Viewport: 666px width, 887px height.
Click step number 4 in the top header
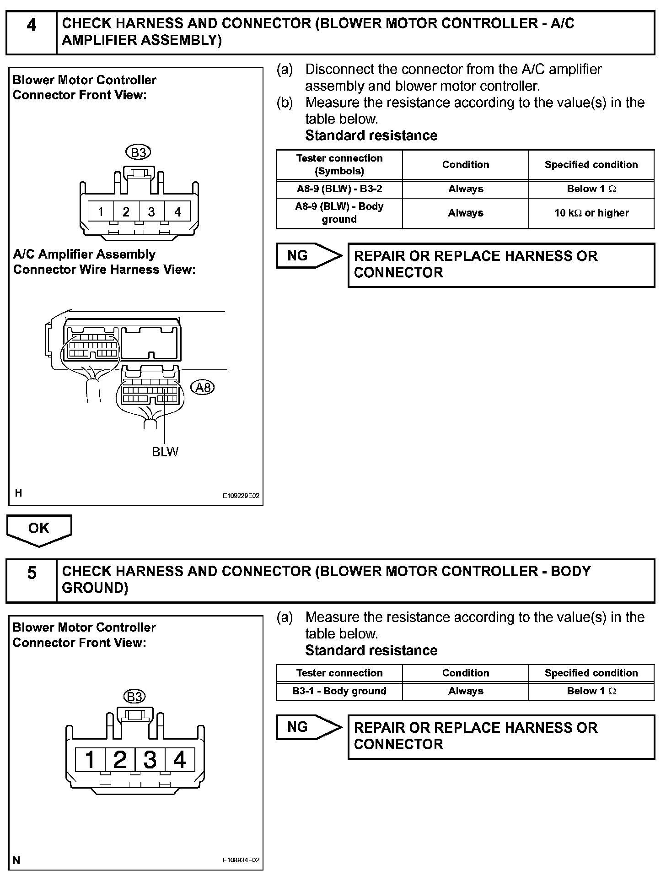coord(31,26)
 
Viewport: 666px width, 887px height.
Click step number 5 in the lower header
coord(31,573)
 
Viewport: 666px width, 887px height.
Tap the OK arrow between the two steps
coord(39,529)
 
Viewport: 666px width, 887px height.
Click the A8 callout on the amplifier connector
coord(203,388)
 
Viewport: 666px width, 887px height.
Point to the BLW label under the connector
coord(165,452)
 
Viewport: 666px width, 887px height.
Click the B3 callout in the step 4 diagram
coord(138,152)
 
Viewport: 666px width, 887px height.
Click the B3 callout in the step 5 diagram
coord(134,697)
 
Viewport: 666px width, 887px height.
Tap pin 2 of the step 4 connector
coord(126,211)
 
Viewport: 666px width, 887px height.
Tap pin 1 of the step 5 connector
coord(90,760)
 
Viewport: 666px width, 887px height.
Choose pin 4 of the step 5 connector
coord(179,760)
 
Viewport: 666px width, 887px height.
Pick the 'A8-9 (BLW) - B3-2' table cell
coord(339,189)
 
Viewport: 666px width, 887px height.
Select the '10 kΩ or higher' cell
coord(591,213)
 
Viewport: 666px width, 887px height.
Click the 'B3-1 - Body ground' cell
coord(339,691)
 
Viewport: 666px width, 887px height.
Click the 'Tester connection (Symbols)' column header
coord(339,164)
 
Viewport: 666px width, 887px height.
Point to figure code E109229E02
coord(241,496)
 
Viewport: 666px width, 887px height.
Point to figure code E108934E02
coord(241,860)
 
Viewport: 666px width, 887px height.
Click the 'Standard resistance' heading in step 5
coord(371,650)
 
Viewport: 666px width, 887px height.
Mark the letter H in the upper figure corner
coord(18,493)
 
